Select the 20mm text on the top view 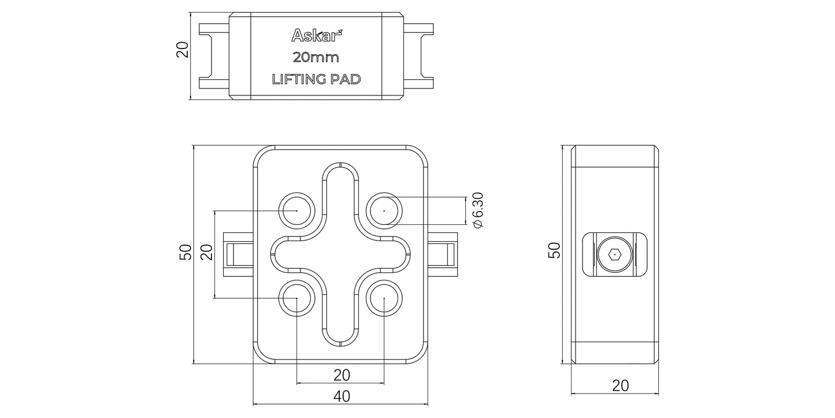316,58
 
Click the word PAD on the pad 345,80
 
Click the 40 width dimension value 342,396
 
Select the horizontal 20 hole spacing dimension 342,375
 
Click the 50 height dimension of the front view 185,252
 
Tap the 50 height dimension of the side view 554,250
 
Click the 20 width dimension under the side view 620,386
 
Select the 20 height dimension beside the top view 183,50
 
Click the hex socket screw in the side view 614,254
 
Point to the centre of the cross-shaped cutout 341,254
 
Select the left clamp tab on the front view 237,254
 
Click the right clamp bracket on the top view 418,56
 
